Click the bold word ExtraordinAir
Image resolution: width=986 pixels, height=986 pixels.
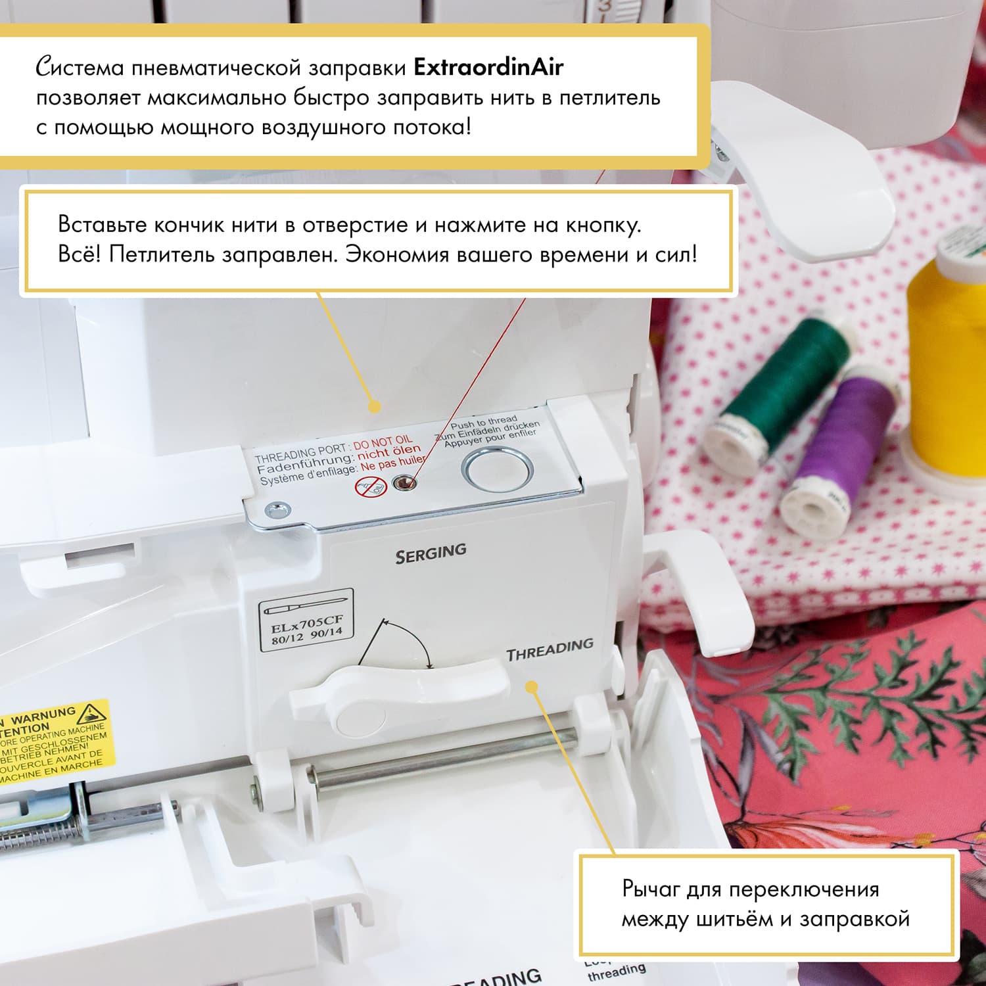click(x=488, y=67)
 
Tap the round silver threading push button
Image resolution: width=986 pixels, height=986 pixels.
click(x=497, y=469)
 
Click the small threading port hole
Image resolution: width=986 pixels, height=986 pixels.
click(x=404, y=484)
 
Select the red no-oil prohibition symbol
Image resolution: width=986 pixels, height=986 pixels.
click(x=371, y=487)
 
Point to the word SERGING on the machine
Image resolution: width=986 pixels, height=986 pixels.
click(x=431, y=553)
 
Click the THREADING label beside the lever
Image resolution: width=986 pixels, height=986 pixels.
click(x=550, y=649)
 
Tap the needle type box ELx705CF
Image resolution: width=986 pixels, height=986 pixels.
click(x=306, y=621)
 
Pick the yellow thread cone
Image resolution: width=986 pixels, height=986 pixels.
click(x=947, y=368)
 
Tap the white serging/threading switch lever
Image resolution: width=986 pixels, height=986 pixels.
click(x=394, y=690)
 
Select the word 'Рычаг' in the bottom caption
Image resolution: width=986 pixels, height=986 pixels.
click(x=651, y=889)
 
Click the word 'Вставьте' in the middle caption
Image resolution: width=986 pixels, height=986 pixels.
click(x=102, y=225)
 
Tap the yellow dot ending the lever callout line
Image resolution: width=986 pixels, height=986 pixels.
click(x=532, y=687)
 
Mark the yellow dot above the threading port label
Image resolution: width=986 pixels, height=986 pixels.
click(x=374, y=407)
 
